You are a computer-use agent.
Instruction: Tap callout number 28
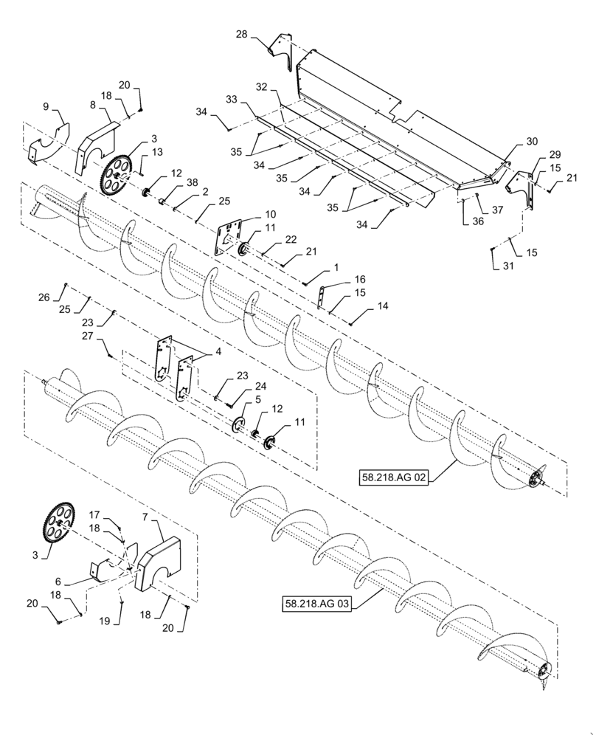tap(242, 35)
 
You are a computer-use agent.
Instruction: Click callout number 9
tap(46, 107)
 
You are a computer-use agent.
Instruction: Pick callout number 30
tap(532, 140)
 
